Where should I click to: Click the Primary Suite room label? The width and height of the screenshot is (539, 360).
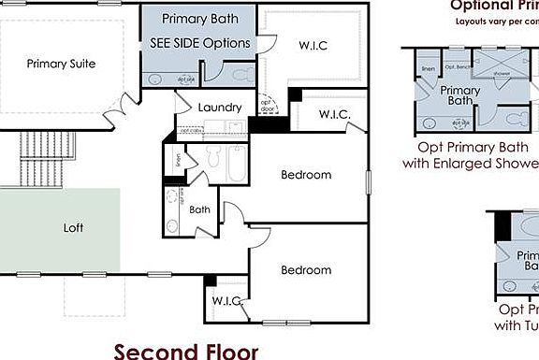tap(62, 64)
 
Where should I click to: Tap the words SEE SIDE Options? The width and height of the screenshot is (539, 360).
tap(200, 43)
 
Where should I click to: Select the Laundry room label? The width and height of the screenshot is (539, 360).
tap(220, 108)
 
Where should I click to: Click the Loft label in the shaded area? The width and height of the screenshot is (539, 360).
tap(73, 227)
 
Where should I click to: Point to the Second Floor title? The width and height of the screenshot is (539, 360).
tap(185, 351)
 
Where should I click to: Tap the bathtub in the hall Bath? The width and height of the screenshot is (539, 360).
tap(237, 165)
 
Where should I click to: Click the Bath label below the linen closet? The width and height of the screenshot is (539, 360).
tap(200, 209)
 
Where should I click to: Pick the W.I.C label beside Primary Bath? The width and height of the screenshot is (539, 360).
tap(313, 45)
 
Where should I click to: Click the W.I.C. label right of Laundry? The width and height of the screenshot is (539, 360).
tap(334, 115)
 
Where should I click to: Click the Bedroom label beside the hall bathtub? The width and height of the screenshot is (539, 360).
tap(306, 175)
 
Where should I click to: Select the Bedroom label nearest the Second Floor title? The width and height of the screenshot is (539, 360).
tap(306, 270)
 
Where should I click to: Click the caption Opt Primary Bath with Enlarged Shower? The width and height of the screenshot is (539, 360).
tap(468, 154)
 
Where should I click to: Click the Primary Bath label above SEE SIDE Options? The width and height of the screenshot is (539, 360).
tap(200, 19)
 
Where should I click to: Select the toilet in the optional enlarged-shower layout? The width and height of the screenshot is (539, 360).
tap(513, 118)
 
